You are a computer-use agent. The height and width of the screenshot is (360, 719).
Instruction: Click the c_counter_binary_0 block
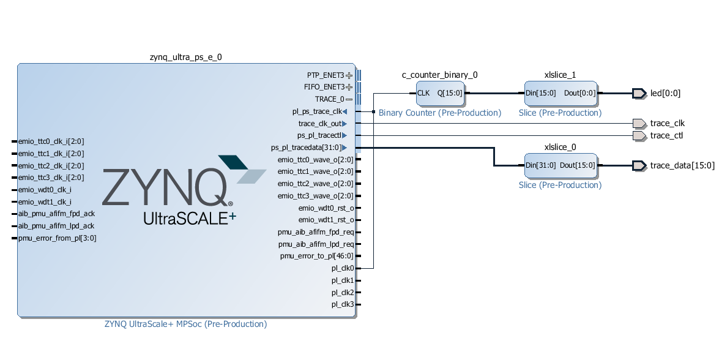[x=440, y=93]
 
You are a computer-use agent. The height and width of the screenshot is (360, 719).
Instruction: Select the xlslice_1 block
[x=561, y=93]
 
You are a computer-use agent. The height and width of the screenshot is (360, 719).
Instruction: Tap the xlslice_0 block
[x=561, y=165]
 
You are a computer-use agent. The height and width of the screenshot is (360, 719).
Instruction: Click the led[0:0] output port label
[x=665, y=93]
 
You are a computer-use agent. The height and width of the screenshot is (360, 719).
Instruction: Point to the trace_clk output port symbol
[x=639, y=123]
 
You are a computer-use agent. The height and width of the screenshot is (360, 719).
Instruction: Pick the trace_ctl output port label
[x=666, y=135]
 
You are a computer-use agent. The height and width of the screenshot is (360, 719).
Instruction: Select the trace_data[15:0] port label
[x=682, y=165]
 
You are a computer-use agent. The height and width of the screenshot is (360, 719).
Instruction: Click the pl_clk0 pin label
[x=343, y=268]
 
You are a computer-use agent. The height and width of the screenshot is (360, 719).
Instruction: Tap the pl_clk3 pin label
[x=343, y=304]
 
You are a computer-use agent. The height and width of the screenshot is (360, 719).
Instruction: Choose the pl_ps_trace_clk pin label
[x=317, y=111]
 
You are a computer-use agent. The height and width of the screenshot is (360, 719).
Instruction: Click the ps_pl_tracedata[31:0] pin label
[x=305, y=148]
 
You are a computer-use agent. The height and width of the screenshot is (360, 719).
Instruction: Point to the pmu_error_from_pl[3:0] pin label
[x=58, y=238]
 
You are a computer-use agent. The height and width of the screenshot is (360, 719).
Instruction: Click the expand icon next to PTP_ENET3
[x=349, y=75]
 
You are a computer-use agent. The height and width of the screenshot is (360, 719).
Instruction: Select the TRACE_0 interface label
[x=329, y=99]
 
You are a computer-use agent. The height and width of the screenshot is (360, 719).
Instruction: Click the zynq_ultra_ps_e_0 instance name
[x=185, y=58]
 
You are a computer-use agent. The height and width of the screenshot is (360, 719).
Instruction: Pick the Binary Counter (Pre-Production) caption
[x=440, y=113]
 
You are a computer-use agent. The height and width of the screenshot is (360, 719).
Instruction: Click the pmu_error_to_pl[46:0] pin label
[x=316, y=256]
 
